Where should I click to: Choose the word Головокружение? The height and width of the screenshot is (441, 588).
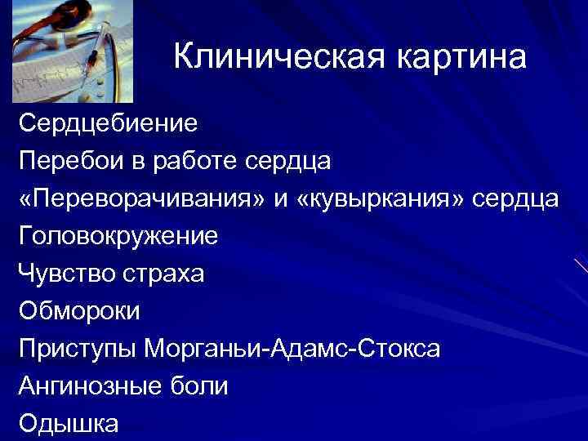pyautogui.click(x=118, y=237)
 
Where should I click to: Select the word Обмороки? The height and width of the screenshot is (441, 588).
pyautogui.click(x=80, y=311)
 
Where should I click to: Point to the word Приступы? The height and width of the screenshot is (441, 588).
pyautogui.click(x=76, y=350)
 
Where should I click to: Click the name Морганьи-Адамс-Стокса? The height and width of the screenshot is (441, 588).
pyautogui.click(x=292, y=350)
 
